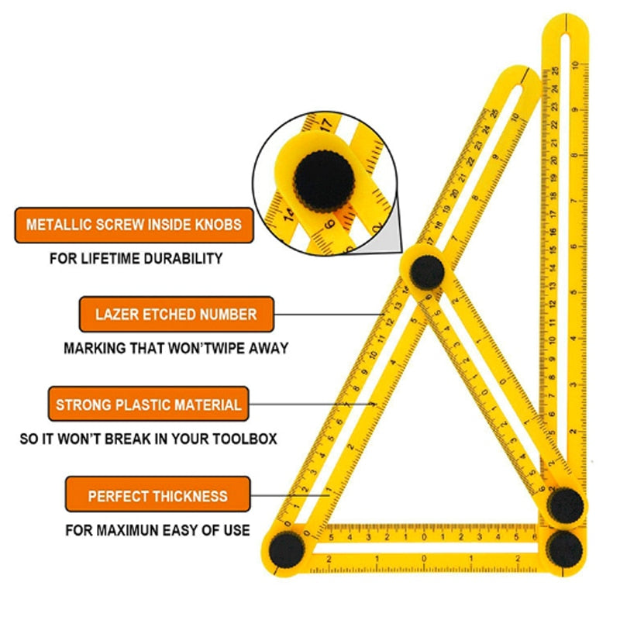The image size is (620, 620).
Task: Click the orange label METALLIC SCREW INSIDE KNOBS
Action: tap(133, 225)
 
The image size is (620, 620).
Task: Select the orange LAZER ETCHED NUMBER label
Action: tap(176, 315)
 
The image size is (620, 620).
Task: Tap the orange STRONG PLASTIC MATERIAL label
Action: tap(148, 404)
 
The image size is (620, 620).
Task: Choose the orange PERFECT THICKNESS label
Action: tap(157, 495)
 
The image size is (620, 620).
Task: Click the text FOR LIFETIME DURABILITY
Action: tap(136, 258)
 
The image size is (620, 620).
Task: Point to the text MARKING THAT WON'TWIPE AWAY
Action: tap(175, 349)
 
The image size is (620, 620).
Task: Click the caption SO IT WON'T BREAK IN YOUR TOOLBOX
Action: tap(148, 439)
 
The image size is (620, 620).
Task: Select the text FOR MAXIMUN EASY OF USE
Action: tap(157, 531)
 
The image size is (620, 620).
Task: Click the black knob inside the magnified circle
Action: tap(323, 181)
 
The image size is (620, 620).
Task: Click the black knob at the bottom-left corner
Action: tap(286, 548)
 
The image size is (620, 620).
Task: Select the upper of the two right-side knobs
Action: tap(567, 506)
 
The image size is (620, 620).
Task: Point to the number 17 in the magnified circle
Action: tap(325, 122)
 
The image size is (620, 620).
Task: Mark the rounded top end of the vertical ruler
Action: tap(566, 27)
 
